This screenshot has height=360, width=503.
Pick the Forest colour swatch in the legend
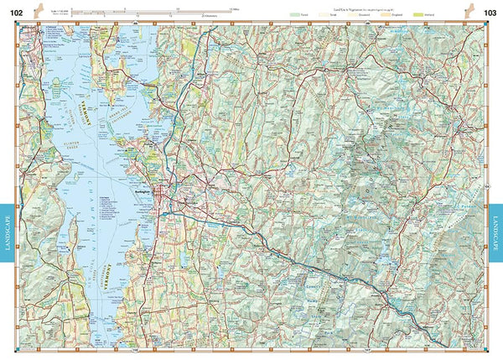(x=293, y=14)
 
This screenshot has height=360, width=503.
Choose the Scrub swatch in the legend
(x=324, y=14)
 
